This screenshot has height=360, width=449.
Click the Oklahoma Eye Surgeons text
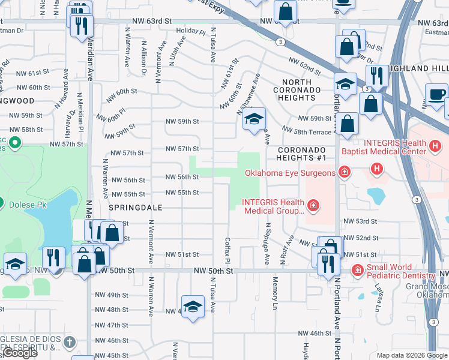click(x=289, y=173)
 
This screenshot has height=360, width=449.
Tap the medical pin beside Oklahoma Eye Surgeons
click(x=345, y=173)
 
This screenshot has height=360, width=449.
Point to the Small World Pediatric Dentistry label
click(x=400, y=271)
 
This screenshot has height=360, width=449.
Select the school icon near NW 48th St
click(x=192, y=306)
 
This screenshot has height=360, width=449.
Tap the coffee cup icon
click(x=436, y=95)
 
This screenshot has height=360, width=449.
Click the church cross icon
click(x=70, y=342)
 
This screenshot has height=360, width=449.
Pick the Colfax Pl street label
click(x=228, y=252)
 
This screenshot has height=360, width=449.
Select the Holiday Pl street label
click(x=191, y=31)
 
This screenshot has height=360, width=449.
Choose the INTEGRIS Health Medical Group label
click(x=273, y=206)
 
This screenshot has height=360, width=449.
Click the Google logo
click(x=20, y=353)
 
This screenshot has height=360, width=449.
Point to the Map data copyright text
click(x=411, y=355)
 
